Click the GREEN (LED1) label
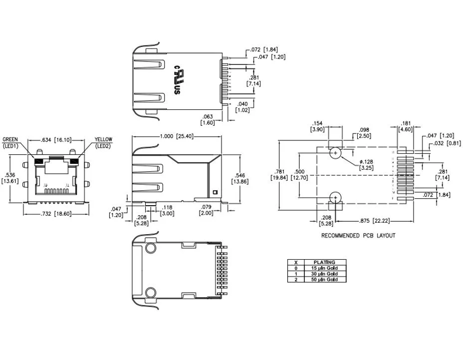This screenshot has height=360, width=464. (x=11, y=142)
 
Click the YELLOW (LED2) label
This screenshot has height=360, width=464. (x=103, y=142)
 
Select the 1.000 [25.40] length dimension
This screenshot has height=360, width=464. (x=177, y=136)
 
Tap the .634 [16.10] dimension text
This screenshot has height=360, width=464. (x=55, y=140)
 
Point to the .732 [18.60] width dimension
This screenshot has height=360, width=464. (x=56, y=213)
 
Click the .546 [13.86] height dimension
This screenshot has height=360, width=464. (x=241, y=179)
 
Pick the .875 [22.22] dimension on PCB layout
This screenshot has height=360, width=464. (x=374, y=220)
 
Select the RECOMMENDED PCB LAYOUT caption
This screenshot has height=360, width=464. (x=358, y=236)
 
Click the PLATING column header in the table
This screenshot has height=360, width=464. (x=324, y=262)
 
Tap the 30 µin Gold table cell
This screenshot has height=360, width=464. (x=324, y=274)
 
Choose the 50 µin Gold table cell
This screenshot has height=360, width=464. (x=324, y=280)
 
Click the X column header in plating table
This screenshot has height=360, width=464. (x=296, y=262)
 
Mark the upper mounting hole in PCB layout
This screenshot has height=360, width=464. (x=335, y=153)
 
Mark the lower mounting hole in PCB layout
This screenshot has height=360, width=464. (x=335, y=198)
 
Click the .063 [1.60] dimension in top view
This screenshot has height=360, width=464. (x=207, y=119)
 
